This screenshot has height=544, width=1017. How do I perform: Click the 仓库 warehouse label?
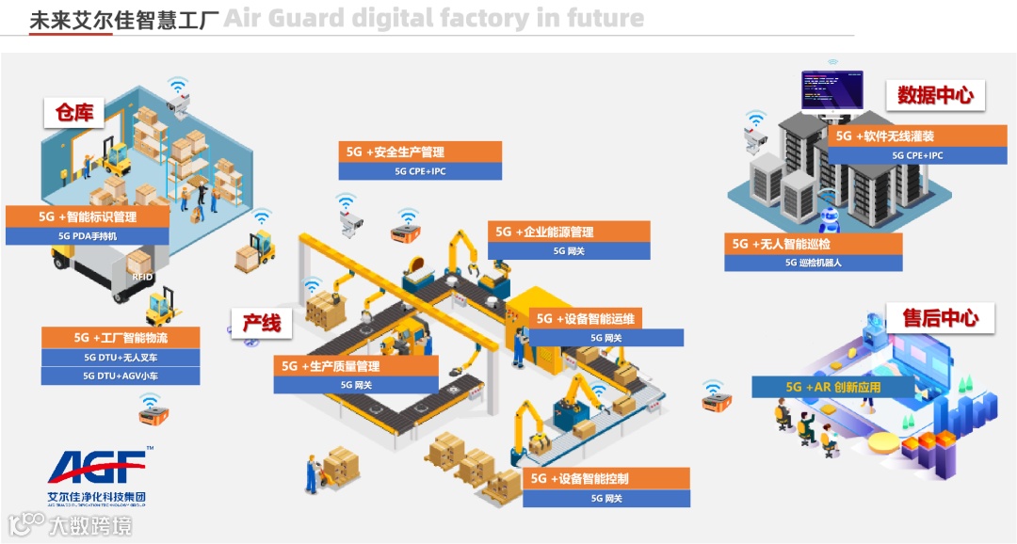click(73, 113)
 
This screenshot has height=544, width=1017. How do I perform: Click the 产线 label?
click(262, 323)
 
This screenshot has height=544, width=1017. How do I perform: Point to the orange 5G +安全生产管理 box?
click(420, 152)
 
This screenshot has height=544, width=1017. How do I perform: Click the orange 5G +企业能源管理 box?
click(569, 232)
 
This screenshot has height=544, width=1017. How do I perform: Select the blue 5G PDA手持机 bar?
click(88, 236)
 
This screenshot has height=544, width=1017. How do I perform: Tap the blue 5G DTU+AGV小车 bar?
click(121, 376)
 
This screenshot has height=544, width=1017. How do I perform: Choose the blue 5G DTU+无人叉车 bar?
click(121, 358)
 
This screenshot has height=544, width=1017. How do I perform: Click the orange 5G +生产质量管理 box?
click(356, 366)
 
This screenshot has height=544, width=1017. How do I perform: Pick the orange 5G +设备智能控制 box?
click(606, 478)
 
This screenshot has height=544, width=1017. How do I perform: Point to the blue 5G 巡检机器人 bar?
click(813, 263)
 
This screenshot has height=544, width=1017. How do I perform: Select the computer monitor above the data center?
click(831, 89)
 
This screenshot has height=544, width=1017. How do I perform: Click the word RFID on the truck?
click(142, 277)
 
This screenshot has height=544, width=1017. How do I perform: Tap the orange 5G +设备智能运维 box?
click(605, 318)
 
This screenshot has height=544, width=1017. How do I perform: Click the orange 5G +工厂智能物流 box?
click(121, 337)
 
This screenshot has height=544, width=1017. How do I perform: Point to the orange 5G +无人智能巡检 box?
click(813, 244)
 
